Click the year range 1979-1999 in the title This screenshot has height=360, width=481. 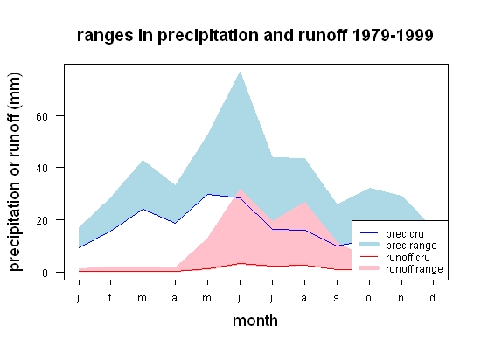pos(393,36)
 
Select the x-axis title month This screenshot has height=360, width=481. pos(255,321)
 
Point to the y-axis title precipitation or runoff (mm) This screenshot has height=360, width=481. pos(15,172)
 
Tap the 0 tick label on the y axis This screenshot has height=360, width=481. pos(45,273)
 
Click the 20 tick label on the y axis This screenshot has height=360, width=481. pos(42,220)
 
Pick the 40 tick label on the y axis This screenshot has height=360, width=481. pos(42,169)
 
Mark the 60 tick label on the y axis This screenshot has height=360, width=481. pos(42,117)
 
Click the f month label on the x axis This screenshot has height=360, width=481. pos(110,297)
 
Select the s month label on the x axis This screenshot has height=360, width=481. pos(336,298)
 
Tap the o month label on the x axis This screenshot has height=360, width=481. pos(369,298)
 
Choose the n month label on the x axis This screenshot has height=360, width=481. pos(401,298)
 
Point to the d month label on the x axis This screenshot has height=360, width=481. pos(433,297)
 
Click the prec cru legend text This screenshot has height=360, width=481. pos(405,234)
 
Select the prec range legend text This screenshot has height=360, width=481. pos(411,246)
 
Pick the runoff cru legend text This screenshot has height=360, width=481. pos(408,258)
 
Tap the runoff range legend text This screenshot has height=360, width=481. pos(415,269)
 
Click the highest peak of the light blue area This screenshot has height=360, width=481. pos(240,72)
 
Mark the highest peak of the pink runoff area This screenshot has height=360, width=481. pos(240,189)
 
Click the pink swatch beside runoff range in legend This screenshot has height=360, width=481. pos(369,268)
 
